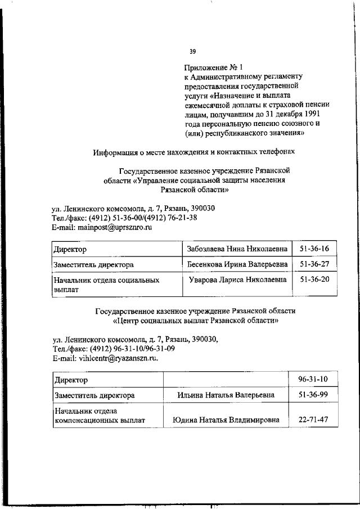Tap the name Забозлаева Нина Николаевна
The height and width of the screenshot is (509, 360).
click(x=237, y=247)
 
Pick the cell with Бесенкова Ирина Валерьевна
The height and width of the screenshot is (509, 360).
click(x=237, y=263)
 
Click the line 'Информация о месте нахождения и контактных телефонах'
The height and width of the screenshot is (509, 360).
click(x=193, y=151)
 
